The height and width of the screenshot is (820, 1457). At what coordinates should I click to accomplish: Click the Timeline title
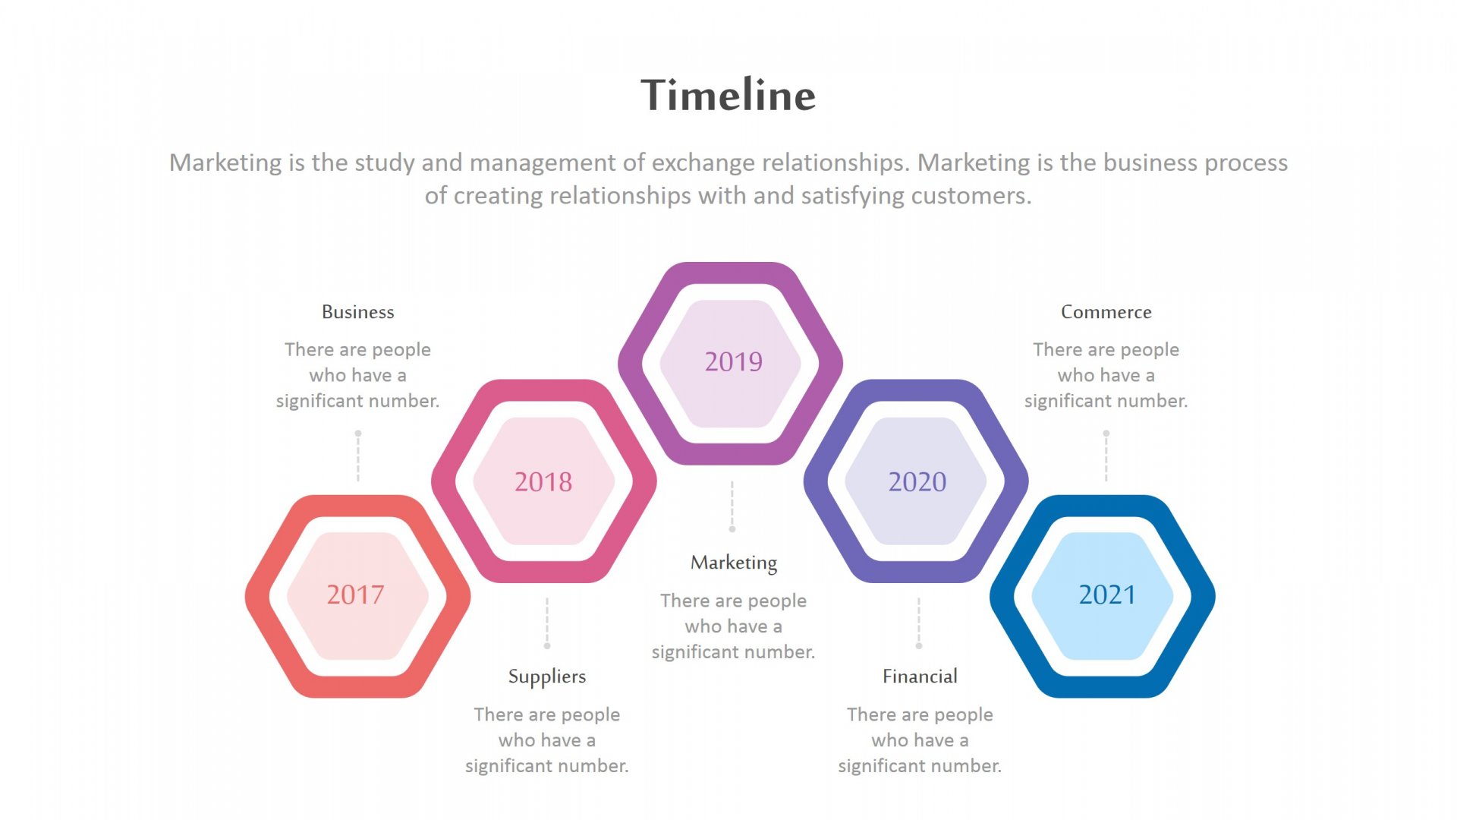(728, 95)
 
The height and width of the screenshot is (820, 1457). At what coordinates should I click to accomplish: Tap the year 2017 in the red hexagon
(355, 594)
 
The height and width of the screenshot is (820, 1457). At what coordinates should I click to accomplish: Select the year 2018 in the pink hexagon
(543, 481)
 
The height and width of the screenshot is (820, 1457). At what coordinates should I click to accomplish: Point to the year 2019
(733, 361)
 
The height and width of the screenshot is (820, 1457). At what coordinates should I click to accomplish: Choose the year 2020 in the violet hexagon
(917, 481)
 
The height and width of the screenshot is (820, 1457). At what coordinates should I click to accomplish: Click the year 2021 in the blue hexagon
(1107, 594)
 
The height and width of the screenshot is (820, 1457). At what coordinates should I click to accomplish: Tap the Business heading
(357, 312)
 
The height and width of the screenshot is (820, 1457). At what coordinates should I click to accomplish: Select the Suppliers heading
(547, 676)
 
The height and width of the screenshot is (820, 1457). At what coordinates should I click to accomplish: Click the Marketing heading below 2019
(734, 563)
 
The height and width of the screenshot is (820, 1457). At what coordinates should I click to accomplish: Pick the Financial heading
(920, 676)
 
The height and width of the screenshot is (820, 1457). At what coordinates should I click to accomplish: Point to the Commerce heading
(1106, 312)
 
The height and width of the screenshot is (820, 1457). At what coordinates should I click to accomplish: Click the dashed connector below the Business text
(358, 456)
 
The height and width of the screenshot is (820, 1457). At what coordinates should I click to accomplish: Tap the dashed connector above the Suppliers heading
(547, 623)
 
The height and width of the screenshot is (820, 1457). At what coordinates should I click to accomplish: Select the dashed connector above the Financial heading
(919, 623)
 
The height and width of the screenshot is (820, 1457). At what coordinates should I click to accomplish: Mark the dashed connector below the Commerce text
(1106, 456)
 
